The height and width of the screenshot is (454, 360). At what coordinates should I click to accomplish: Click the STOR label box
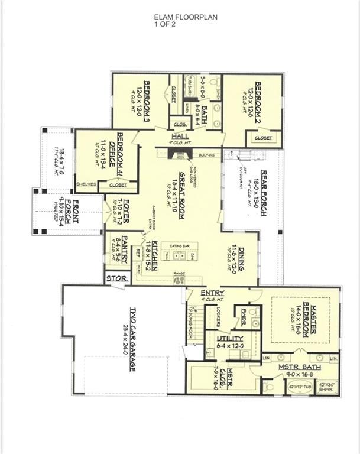click(114, 277)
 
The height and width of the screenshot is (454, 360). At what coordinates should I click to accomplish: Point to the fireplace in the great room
click(175, 153)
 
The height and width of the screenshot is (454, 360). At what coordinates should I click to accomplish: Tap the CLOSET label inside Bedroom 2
click(264, 138)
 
